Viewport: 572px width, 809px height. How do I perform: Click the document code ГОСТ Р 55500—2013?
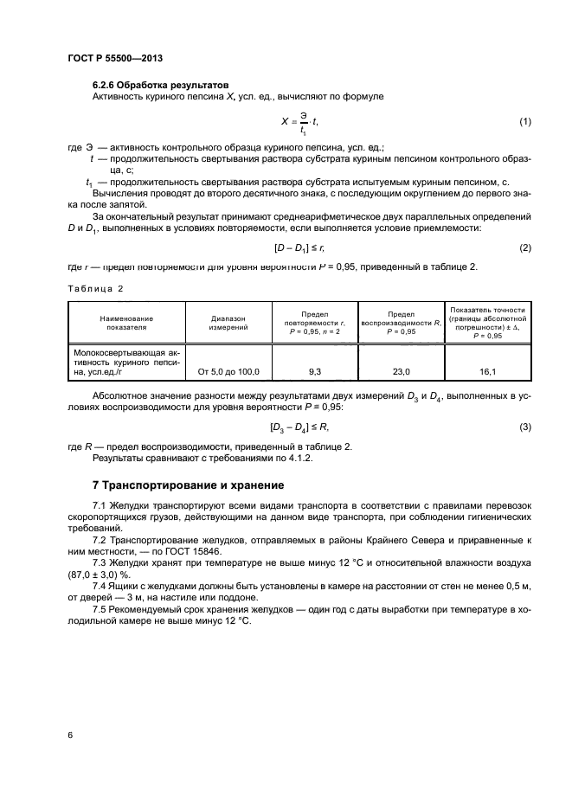pyautogui.click(x=115, y=58)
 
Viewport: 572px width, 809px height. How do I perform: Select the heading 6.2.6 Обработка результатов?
pyautogui.click(x=160, y=85)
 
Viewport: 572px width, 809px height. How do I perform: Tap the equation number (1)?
pyautogui.click(x=524, y=122)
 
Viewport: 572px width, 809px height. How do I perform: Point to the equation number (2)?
pyautogui.click(x=524, y=248)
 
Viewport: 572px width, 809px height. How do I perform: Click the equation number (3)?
pyautogui.click(x=524, y=427)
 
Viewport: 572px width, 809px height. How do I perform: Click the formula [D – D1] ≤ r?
pyautogui.click(x=298, y=248)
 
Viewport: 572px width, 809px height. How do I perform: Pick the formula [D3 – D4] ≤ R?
pyautogui.click(x=298, y=427)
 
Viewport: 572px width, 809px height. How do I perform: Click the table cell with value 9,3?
pyautogui.click(x=314, y=371)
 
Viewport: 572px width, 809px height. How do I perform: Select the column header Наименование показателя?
pyautogui.click(x=125, y=323)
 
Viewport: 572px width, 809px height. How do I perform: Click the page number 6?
pyautogui.click(x=69, y=735)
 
